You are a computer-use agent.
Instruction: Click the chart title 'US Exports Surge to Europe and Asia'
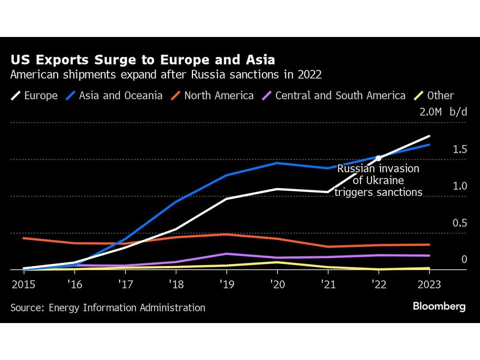pos(143,60)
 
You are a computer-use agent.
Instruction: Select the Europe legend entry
pos(34,96)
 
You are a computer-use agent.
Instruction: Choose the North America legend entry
pos(212,96)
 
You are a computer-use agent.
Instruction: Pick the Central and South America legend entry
pos(334,96)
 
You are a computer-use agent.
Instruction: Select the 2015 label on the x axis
pos(23,284)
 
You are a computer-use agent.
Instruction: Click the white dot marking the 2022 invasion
pos(378,158)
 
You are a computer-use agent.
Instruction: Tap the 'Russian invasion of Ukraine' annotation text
pos(378,180)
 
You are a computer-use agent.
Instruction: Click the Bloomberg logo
pos(439,307)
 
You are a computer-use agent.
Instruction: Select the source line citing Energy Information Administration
pos(108,308)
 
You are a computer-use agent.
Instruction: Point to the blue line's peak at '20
pos(276,163)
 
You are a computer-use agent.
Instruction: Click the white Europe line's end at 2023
pos(429,136)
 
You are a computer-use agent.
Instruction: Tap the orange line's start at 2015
pos(24,238)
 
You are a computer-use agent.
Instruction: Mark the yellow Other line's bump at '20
pos(276,262)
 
